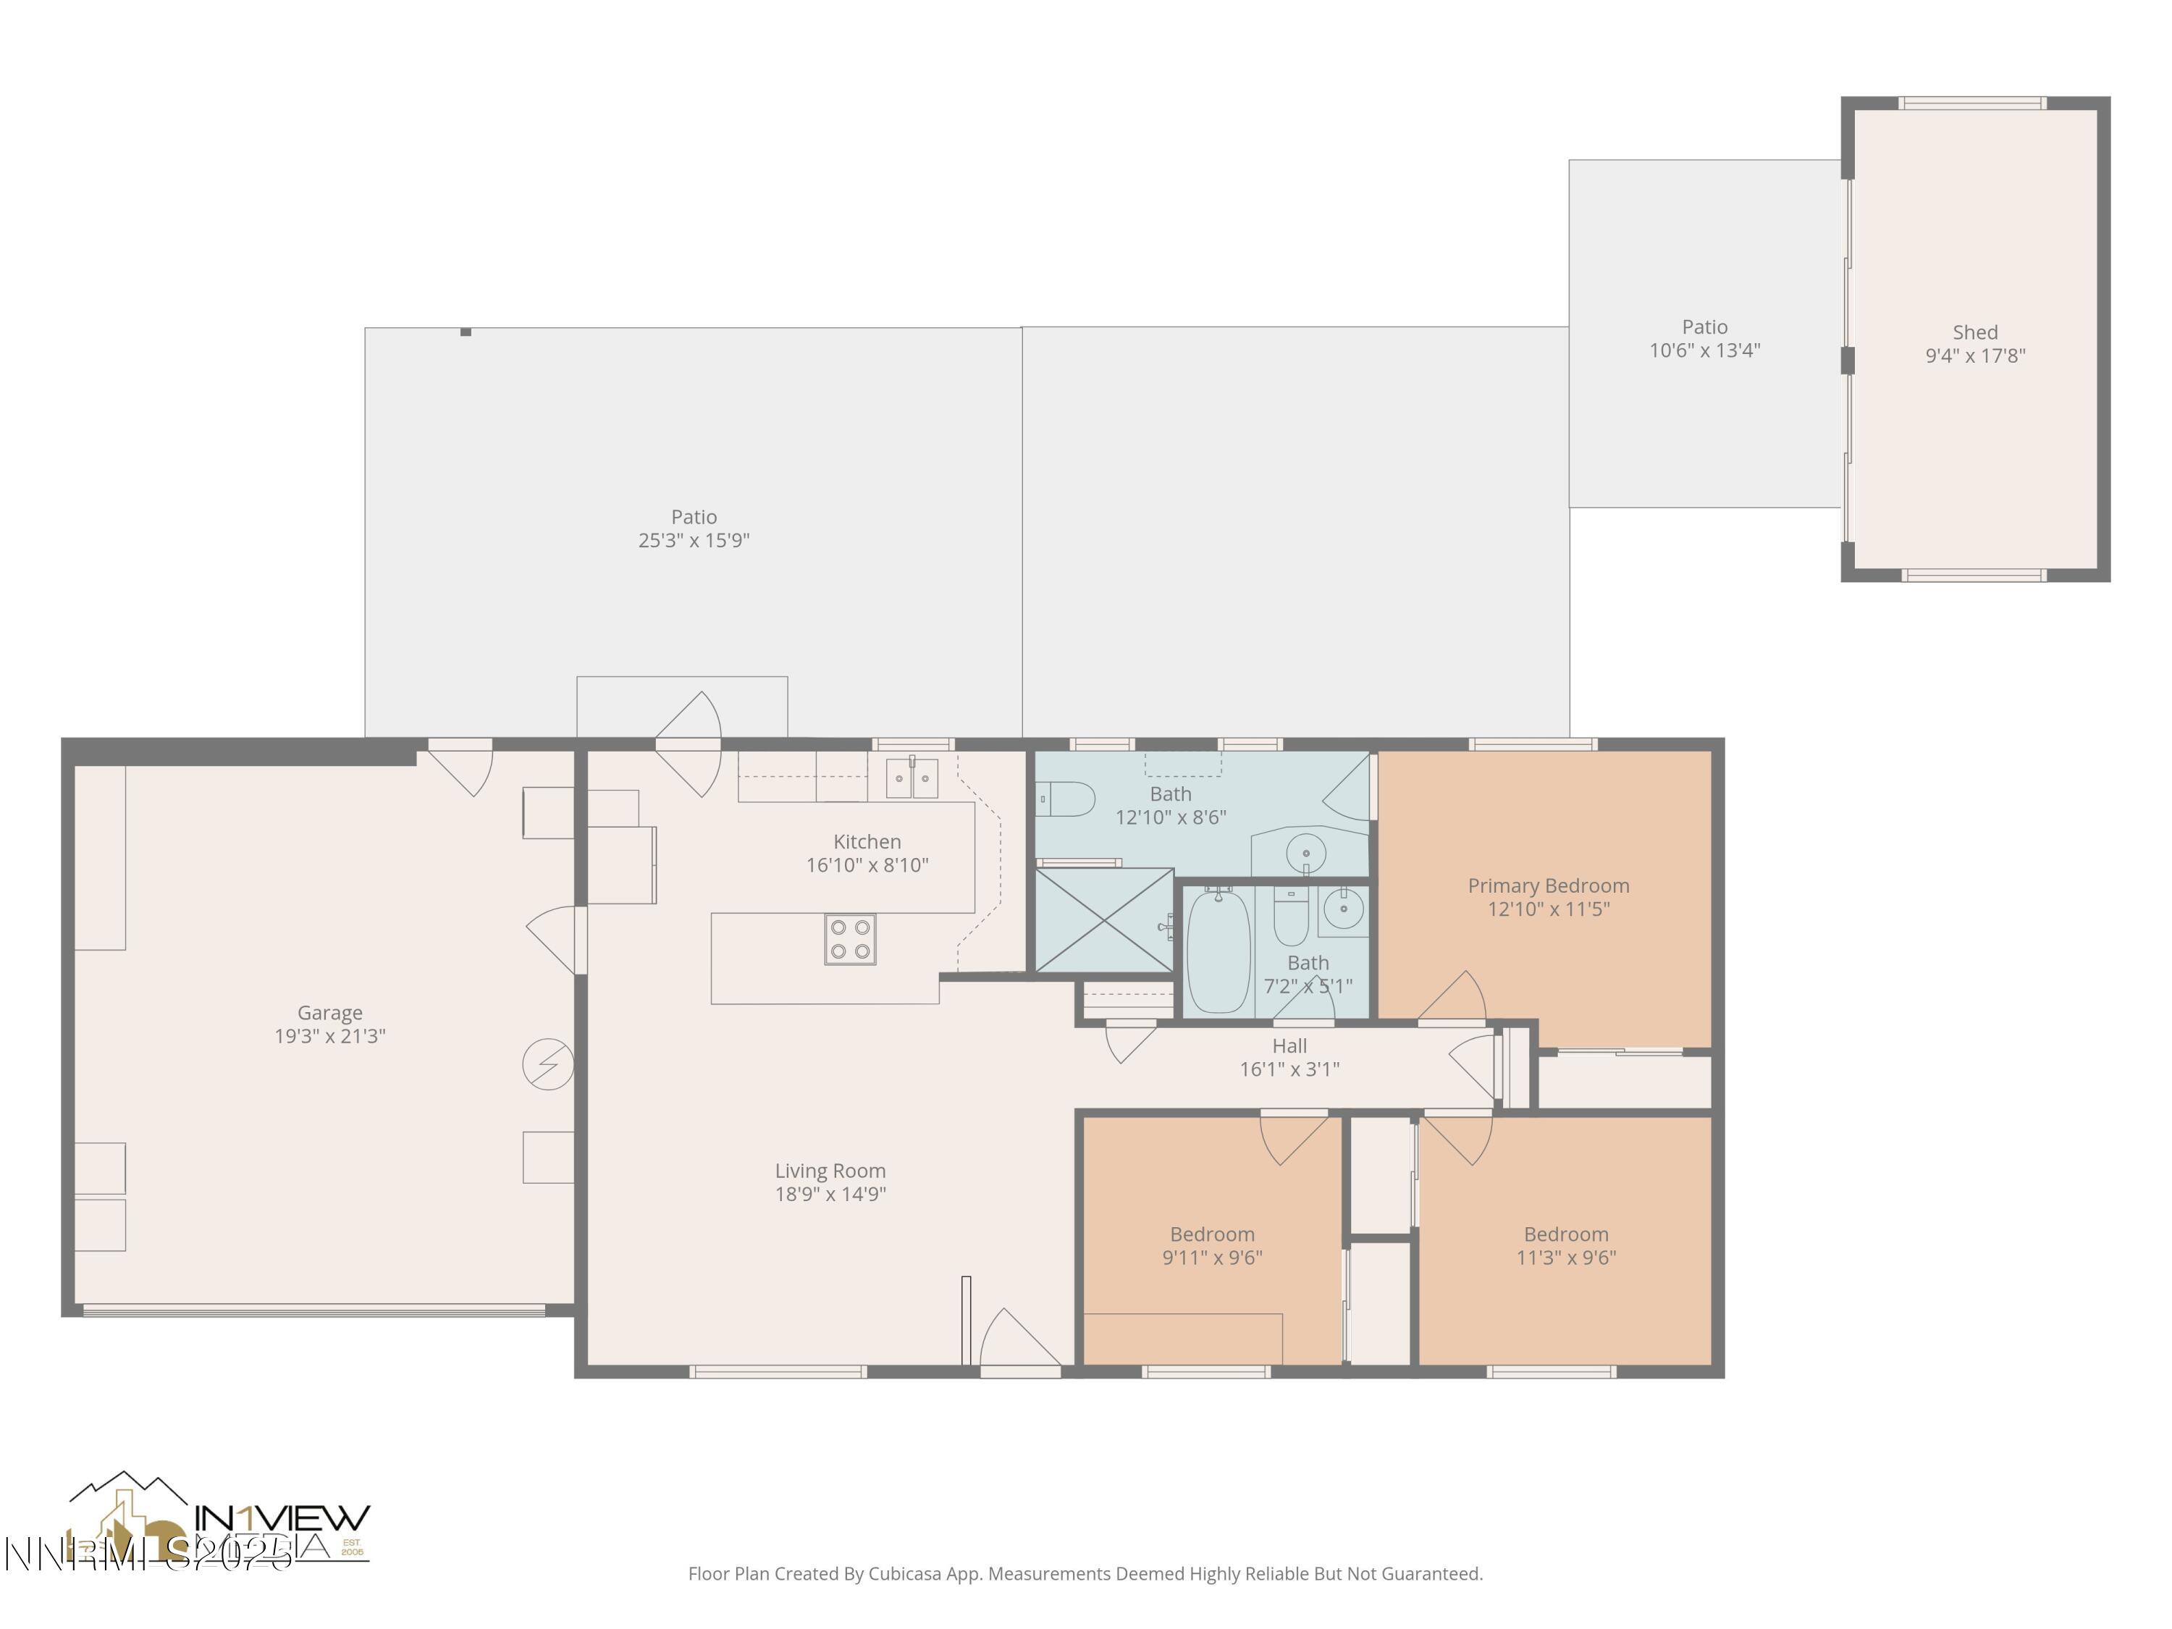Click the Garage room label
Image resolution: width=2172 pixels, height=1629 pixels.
(x=330, y=1012)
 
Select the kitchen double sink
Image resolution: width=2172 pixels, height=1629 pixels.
(x=912, y=778)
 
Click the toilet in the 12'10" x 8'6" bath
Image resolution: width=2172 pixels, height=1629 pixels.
(x=1067, y=799)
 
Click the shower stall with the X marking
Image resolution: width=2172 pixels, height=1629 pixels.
(x=1105, y=921)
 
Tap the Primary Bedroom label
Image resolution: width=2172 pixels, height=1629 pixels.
(x=1549, y=885)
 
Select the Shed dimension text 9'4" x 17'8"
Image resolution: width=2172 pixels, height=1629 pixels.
(x=1974, y=356)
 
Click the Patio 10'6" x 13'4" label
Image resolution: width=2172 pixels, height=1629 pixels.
(x=1704, y=327)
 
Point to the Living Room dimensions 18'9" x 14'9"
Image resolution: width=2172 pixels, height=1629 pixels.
(x=830, y=1194)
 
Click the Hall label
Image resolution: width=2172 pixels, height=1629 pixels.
(x=1289, y=1045)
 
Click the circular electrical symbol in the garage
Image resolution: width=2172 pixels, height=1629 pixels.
(x=548, y=1064)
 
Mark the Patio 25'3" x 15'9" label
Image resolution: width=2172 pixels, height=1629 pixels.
(x=694, y=516)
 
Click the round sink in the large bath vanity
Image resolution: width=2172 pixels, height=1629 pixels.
(x=1306, y=854)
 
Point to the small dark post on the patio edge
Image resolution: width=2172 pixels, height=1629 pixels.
(x=466, y=332)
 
